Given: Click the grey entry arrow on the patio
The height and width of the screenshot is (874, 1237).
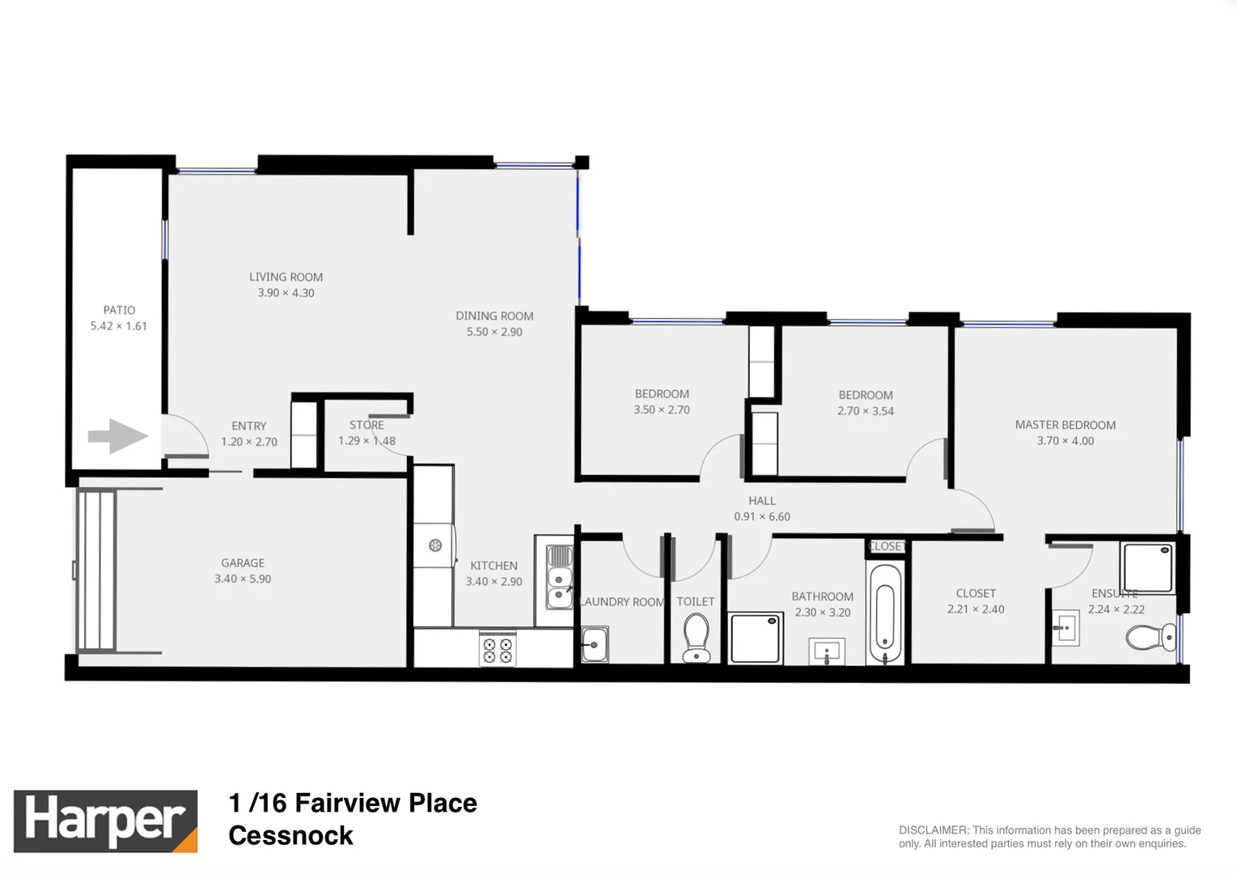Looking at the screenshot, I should [118, 436].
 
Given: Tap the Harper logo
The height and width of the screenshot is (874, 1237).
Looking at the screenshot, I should [105, 821].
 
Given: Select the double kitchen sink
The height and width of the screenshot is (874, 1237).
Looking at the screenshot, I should [559, 577].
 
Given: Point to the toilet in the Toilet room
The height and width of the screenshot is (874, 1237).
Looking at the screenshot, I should [696, 638].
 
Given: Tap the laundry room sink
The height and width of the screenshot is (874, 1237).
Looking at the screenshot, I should [595, 644].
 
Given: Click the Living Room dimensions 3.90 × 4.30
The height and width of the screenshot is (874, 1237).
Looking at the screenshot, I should [286, 293].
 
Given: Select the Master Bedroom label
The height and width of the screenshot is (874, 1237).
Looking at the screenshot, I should [1065, 425].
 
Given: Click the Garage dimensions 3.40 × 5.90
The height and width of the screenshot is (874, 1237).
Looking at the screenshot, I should [243, 579].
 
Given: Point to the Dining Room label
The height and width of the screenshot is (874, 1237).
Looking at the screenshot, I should [494, 316].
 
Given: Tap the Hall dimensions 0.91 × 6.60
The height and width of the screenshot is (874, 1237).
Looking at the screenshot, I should [761, 516].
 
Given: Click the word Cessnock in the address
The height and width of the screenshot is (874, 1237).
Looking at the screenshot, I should [290, 835].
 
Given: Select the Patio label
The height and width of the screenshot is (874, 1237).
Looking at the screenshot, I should [119, 310].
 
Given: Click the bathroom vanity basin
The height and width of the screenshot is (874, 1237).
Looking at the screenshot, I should [827, 651].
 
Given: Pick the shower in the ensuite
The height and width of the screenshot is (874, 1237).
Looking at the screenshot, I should [1146, 567].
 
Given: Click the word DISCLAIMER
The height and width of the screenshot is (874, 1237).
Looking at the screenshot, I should [934, 830].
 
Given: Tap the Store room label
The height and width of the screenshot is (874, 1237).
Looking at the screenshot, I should [366, 425].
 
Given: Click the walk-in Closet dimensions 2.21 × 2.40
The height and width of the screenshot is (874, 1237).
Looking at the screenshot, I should [976, 609].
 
